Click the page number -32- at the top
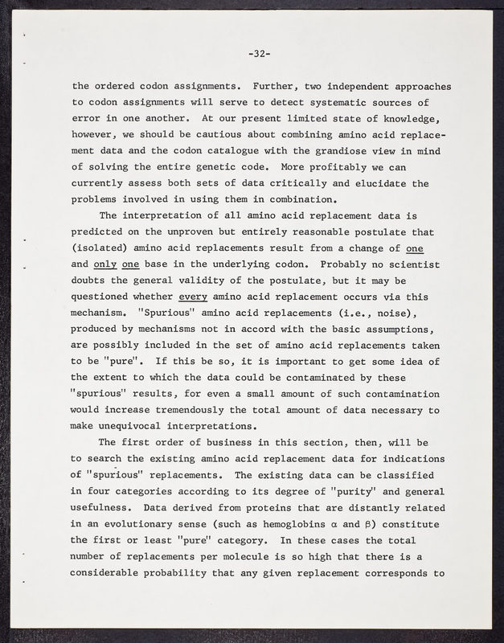(x=258, y=54)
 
